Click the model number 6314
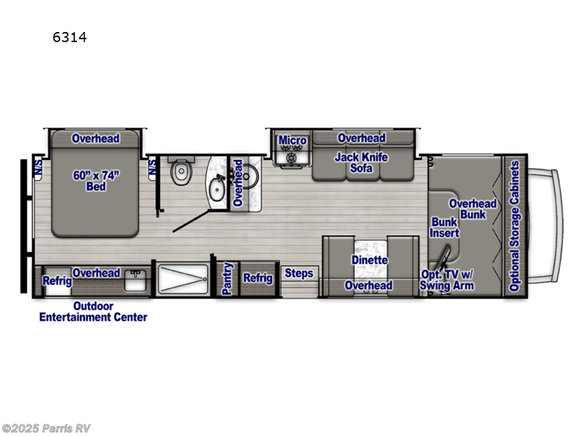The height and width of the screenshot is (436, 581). click(x=69, y=38)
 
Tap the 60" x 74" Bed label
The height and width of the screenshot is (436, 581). click(x=95, y=181)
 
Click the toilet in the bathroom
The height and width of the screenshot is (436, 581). click(x=179, y=174)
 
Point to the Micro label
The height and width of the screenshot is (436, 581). click(x=292, y=140)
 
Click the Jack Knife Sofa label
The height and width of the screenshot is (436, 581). click(x=361, y=163)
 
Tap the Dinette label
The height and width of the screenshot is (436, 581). click(x=370, y=259)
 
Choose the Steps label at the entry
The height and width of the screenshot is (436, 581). click(x=298, y=273)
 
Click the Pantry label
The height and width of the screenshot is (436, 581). click(x=227, y=278)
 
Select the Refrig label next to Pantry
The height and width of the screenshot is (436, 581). click(x=257, y=278)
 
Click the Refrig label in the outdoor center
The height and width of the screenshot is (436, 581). click(x=57, y=281)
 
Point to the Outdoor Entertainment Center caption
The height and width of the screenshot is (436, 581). click(x=93, y=311)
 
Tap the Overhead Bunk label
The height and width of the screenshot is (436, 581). click(x=473, y=209)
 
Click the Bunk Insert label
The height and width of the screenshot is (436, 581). click(x=445, y=227)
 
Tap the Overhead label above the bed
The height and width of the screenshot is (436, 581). click(x=95, y=138)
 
